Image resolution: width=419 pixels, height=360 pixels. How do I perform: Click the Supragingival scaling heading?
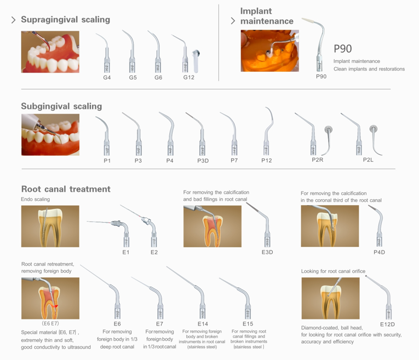click(x=66, y=20)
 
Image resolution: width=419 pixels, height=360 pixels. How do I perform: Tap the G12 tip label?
click(x=188, y=77)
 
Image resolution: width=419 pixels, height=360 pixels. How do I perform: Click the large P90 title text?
click(x=343, y=49)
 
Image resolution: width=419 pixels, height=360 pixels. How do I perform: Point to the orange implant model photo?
click(x=269, y=51)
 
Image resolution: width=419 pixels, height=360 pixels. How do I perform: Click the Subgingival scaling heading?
click(x=61, y=106)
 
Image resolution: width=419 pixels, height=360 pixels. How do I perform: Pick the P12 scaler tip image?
click(x=268, y=131)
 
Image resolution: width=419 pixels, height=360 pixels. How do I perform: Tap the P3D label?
click(x=203, y=161)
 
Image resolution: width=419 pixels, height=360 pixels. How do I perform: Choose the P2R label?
click(x=318, y=160)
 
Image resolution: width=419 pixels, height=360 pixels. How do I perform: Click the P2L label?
click(x=368, y=160)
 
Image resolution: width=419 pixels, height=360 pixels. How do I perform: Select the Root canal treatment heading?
click(x=66, y=189)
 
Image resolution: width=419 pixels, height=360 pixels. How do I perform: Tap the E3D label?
click(x=267, y=252)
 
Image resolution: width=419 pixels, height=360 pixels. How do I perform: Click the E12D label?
click(x=387, y=324)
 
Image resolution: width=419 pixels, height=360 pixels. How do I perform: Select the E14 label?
click(x=203, y=324)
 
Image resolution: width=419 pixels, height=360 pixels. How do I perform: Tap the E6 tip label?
click(x=117, y=324)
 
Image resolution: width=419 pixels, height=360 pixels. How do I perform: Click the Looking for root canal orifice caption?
click(x=333, y=271)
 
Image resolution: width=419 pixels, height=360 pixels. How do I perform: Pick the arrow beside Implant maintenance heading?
click(x=233, y=21)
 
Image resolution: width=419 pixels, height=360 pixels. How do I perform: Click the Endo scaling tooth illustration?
click(x=50, y=227)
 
